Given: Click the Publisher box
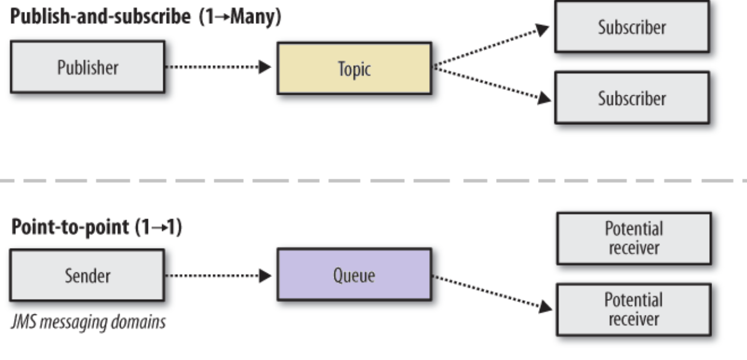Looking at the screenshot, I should pyautogui.click(x=88, y=67).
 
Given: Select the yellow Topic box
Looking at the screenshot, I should pyautogui.click(x=354, y=68).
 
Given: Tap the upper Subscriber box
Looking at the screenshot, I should pyautogui.click(x=632, y=27).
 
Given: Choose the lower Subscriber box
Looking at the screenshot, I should pyautogui.click(x=632, y=97).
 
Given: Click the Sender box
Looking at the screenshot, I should pyautogui.click(x=88, y=275).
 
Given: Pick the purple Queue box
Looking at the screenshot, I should pyautogui.click(x=354, y=275).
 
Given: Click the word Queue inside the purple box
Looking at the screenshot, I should pyautogui.click(x=354, y=275).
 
